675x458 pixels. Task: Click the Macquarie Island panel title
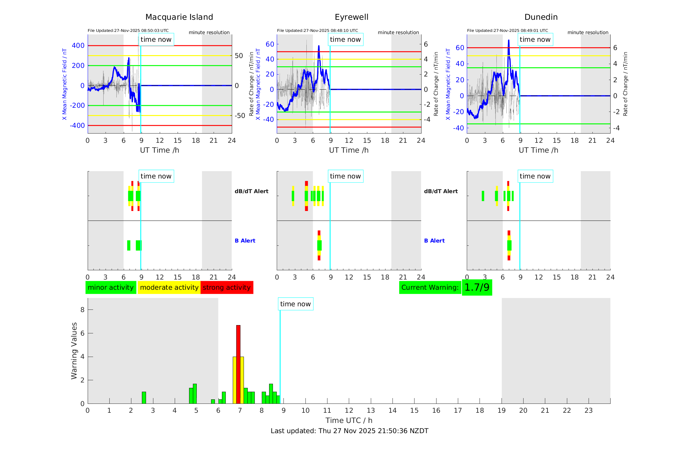pos(179,17)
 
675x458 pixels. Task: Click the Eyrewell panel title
pos(351,17)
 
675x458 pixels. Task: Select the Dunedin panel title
pos(541,17)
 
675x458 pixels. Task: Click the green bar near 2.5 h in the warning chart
pos(144,397)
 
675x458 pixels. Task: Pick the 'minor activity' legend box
pos(111,287)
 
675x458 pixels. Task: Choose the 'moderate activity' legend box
pos(169,287)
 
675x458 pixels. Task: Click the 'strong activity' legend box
pos(227,287)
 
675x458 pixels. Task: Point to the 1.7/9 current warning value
pos(477,287)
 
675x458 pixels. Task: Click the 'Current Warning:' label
pos(430,287)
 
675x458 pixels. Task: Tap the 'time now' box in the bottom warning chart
pos(295,304)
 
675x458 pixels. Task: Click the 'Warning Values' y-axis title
pos(74,351)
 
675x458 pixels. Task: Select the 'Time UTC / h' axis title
pos(349,420)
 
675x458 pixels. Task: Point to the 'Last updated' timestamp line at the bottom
pos(349,431)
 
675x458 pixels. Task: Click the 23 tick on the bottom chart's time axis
pos(588,411)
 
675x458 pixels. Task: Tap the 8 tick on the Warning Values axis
pos(82,310)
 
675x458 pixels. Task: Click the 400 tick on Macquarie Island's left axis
pos(78,46)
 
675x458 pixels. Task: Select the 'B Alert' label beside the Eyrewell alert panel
pos(245,241)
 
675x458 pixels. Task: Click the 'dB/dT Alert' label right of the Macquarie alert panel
pos(251,191)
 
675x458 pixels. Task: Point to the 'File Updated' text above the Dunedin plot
pos(507,31)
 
